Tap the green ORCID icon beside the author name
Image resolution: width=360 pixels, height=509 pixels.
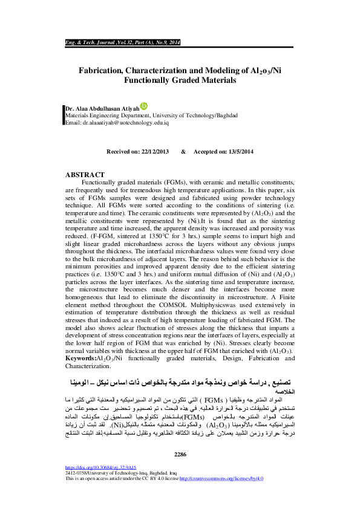[143, 106]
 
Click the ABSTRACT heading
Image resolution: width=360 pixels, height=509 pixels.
[85, 175]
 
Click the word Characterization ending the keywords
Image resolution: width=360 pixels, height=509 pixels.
[88, 366]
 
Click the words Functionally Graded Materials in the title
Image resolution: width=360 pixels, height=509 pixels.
[180, 80]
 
